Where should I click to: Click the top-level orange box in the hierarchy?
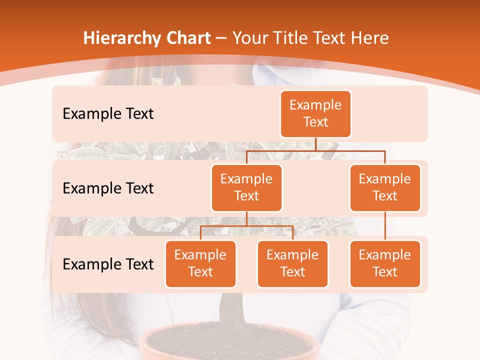pos(315,114)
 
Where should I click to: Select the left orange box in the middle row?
pos(246,188)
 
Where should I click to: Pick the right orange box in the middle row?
pos(385,188)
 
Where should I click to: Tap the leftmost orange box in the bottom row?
pos(200,264)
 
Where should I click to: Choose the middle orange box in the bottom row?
pos(292,264)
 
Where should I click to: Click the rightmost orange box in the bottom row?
pos(385,264)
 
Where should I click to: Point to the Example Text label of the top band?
pos(108,114)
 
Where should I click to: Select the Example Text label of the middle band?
pos(108,188)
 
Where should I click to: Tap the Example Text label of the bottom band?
pos(108,264)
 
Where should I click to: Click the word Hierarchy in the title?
pos(122,38)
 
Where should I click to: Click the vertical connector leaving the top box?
pos(315,144)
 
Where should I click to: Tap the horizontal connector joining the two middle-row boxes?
pos(315,150)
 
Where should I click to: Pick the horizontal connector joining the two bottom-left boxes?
pos(246,226)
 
